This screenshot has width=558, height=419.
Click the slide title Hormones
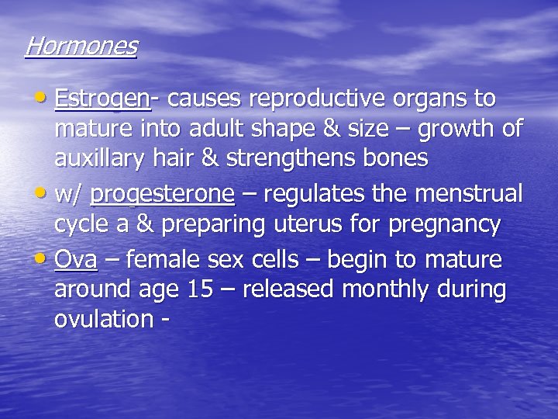pos(81,46)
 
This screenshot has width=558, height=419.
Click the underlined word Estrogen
pos(102,99)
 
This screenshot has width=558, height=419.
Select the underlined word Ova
pos(75,258)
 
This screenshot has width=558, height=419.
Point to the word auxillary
pos(104,159)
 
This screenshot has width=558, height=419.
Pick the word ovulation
pos(103,319)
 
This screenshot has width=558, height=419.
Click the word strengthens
pos(297,159)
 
